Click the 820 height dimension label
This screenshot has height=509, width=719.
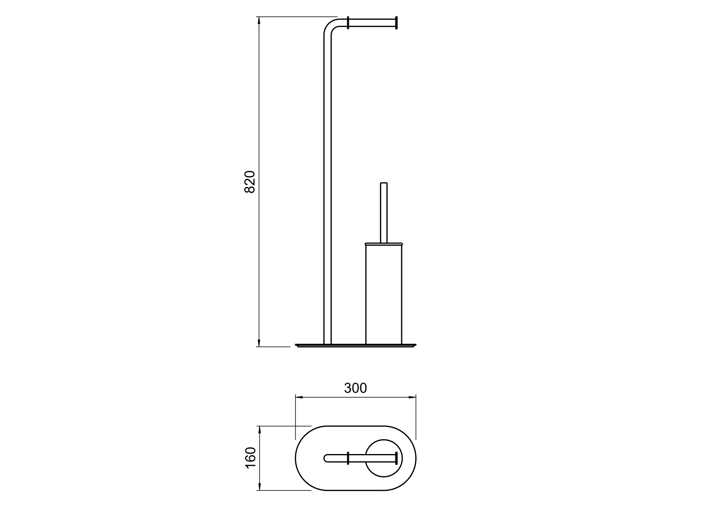pyautogui.click(x=250, y=182)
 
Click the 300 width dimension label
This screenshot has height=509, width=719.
pyautogui.click(x=355, y=388)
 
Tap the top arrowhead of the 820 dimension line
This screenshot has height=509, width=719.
pyautogui.click(x=259, y=21)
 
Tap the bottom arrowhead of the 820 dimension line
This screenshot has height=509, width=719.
pyautogui.click(x=259, y=343)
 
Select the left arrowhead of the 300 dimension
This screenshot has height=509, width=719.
pyautogui.click(x=299, y=397)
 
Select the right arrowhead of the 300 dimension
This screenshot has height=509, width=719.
pyautogui.click(x=412, y=397)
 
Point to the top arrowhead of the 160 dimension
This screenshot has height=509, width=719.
pyautogui.click(x=259, y=430)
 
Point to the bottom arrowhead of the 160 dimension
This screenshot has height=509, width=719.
pyautogui.click(x=259, y=486)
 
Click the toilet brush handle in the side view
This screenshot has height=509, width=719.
pyautogui.click(x=384, y=213)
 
